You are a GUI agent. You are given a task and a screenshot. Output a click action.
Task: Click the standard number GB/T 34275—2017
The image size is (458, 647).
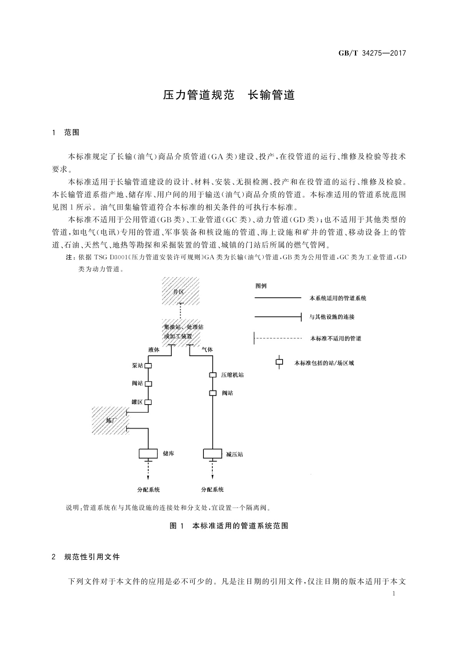(372, 53)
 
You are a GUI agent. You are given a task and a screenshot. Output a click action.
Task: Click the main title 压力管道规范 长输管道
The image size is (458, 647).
(229, 95)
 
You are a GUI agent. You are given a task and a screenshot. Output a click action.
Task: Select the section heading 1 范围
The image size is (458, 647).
(66, 133)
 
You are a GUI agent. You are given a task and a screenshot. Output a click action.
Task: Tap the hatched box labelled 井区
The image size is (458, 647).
(180, 291)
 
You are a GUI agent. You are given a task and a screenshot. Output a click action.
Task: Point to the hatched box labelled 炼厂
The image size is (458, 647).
(110, 420)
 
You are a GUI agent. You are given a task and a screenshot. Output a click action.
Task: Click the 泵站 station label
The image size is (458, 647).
(138, 366)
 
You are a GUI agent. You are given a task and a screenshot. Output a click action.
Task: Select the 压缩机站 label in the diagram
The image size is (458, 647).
(232, 375)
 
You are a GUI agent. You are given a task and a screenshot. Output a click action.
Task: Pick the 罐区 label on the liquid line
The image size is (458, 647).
(137, 402)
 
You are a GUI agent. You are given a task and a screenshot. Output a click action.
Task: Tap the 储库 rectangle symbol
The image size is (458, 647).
(148, 454)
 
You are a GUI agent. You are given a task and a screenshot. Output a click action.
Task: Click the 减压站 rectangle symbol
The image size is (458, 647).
(213, 454)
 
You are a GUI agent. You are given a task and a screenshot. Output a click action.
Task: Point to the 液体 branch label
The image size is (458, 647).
(154, 350)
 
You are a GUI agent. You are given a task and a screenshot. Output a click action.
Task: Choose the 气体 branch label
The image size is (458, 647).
(207, 350)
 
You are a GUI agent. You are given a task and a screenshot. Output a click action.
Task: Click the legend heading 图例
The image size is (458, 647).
(261, 286)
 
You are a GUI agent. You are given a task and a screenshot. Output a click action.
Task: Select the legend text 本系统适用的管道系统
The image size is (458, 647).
(338, 298)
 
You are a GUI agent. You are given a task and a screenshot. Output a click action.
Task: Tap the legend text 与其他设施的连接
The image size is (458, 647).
(332, 317)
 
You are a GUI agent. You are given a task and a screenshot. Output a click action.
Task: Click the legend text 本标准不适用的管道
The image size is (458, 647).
(336, 338)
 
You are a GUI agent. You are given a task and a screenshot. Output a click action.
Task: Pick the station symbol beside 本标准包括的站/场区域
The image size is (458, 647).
(279, 362)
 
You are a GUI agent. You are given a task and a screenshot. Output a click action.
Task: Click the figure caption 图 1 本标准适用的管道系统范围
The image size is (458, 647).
(229, 526)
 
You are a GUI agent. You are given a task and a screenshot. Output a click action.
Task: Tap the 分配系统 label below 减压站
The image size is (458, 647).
(212, 489)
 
